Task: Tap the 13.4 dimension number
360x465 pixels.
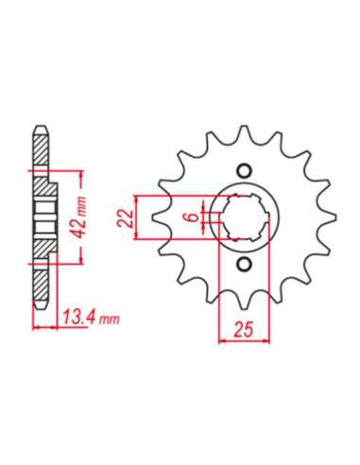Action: click(x=78, y=318)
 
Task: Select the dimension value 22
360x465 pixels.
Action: click(x=125, y=217)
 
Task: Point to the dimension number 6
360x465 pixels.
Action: click(x=195, y=216)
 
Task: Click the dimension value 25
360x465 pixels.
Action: click(x=244, y=330)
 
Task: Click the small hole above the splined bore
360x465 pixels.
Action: click(x=244, y=171)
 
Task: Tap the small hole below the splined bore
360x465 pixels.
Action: click(x=244, y=264)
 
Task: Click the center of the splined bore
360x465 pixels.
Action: click(x=245, y=217)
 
